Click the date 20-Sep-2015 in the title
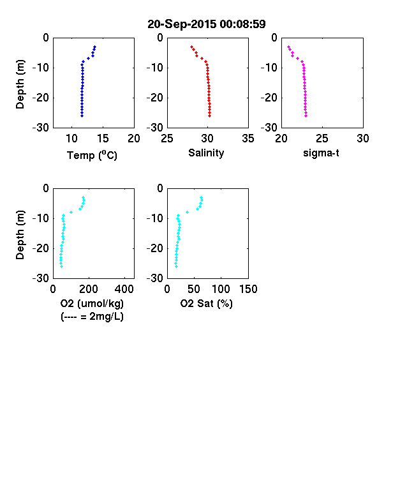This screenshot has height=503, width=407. tap(182, 24)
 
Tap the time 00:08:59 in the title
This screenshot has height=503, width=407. tap(242, 24)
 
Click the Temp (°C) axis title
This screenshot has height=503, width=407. tap(92, 155)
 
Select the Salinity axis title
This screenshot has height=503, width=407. tap(206, 153)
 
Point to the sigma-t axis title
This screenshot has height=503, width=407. tap(321, 153)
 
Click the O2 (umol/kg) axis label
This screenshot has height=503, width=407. tap(92, 303)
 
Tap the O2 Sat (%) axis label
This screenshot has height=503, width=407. tap(207, 303)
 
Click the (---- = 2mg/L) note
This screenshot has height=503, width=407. tap(92, 317)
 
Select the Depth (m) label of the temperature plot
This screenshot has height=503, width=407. tap(20, 84)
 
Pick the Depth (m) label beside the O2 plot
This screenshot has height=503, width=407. tap(20, 235)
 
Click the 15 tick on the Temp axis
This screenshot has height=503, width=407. tap(103, 139)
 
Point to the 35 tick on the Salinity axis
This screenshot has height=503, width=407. tap(248, 139)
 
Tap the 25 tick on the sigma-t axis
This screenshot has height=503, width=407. tap(322, 139)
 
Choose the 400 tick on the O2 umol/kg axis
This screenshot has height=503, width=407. tap(124, 289)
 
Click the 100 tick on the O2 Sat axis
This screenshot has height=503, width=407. tap(221, 289)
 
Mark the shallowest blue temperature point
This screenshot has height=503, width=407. tap(95, 47)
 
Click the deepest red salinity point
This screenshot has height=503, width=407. tap(210, 116)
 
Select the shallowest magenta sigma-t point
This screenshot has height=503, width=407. tap(288, 47)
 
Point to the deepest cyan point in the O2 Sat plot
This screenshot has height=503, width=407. tap(176, 267)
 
